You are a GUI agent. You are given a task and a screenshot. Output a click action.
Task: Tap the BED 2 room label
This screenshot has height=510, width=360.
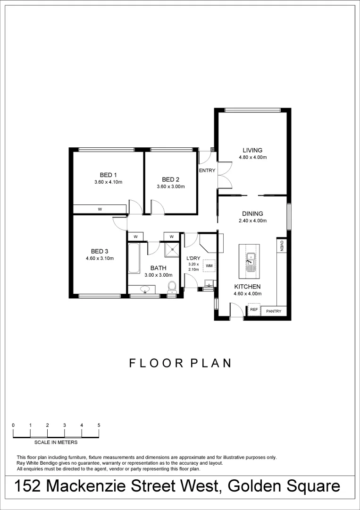click(x=170, y=179)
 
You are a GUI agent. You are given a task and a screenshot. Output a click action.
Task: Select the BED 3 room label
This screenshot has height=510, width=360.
click(x=100, y=251)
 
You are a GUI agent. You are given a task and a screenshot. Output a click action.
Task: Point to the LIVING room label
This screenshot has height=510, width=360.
click(x=252, y=151)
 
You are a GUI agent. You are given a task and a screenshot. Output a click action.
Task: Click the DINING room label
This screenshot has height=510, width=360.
click(x=252, y=213)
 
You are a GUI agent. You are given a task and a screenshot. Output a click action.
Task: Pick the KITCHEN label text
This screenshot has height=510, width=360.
click(x=247, y=287)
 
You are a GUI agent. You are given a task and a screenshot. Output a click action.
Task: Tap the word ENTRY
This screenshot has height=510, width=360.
click(x=207, y=170)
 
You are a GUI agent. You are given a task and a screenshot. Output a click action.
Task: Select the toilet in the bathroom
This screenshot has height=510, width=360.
click(x=172, y=286)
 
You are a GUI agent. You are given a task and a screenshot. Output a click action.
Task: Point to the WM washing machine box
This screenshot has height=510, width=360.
click(x=209, y=266)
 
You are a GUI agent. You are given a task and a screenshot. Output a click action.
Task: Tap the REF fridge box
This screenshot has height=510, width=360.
click(x=253, y=310)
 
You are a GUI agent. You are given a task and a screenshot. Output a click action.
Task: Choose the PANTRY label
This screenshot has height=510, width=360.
click(x=274, y=311)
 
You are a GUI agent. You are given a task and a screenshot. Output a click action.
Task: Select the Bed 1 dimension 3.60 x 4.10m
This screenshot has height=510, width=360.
click(x=108, y=182)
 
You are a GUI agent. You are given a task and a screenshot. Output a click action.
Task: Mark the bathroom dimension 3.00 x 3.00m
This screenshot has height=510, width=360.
click(x=158, y=275)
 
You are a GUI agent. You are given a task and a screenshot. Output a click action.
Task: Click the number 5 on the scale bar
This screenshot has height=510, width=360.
click(x=99, y=425)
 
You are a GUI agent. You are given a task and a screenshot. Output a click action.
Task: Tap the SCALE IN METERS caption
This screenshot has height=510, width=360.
click(x=56, y=442)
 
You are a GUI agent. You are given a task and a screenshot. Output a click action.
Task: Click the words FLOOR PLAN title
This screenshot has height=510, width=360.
click(x=180, y=363)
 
